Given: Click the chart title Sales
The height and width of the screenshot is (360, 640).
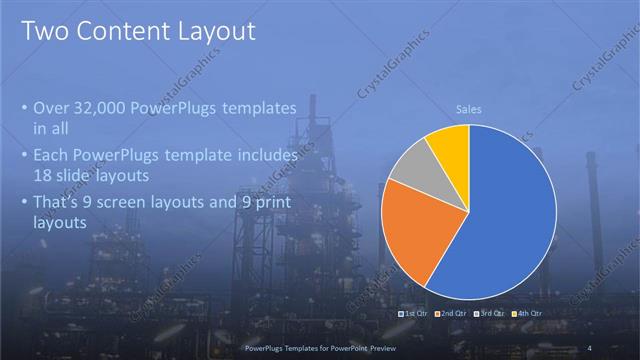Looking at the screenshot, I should [x=469, y=109].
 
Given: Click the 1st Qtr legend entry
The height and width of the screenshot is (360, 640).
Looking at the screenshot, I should [x=416, y=314].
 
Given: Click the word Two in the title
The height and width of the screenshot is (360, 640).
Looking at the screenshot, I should [x=47, y=31].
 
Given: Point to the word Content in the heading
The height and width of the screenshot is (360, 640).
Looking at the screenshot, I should [x=132, y=31].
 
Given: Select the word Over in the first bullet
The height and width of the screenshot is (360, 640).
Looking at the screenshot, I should [x=52, y=107].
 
